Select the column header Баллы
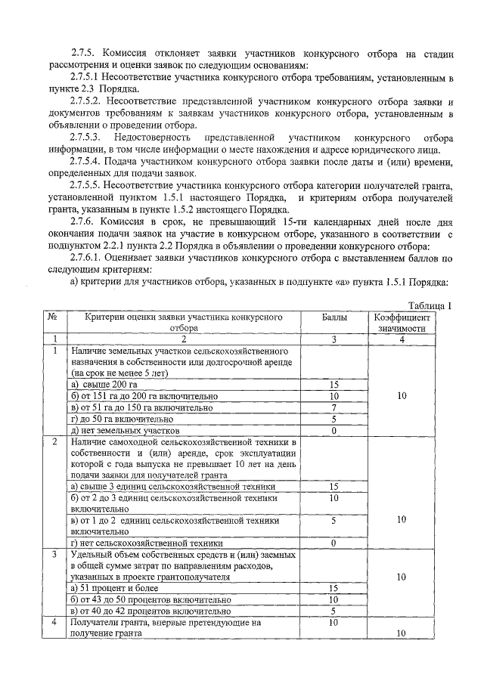point(334,317)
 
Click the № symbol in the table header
point(53,317)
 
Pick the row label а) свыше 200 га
point(102,385)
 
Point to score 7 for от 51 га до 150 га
point(334,407)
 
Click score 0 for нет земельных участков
point(334,430)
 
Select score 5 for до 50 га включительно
point(334,419)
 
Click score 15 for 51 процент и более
point(334,588)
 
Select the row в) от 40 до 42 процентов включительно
point(149,611)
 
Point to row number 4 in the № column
point(53,623)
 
